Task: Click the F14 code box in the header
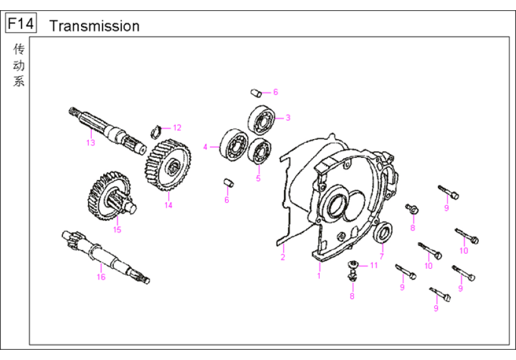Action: pyautogui.click(x=20, y=25)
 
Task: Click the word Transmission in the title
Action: pyautogui.click(x=94, y=26)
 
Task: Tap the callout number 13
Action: pyautogui.click(x=90, y=143)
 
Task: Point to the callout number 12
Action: pyautogui.click(x=176, y=127)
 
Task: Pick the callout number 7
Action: pyautogui.click(x=381, y=256)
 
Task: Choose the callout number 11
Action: pyautogui.click(x=373, y=265)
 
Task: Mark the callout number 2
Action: pyautogui.click(x=283, y=257)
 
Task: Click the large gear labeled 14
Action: pyautogui.click(x=167, y=164)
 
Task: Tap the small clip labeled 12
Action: pyautogui.click(x=155, y=130)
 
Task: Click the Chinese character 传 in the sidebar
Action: pyautogui.click(x=19, y=49)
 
